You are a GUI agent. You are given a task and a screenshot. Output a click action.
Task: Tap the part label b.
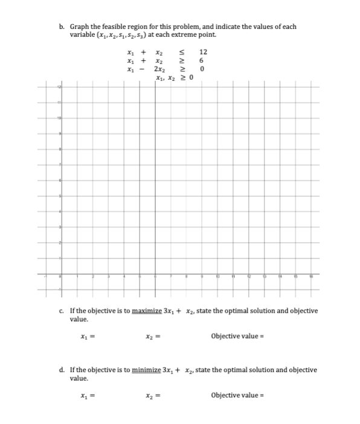point(62,27)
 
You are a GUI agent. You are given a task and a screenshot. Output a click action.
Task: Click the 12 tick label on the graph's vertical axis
point(59,88)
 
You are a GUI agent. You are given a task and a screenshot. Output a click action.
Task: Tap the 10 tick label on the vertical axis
point(59,118)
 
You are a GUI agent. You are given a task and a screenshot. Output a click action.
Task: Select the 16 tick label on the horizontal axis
point(311,277)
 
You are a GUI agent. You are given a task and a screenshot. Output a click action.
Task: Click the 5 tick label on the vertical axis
point(59,196)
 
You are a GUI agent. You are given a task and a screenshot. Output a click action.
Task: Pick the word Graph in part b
point(79,27)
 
